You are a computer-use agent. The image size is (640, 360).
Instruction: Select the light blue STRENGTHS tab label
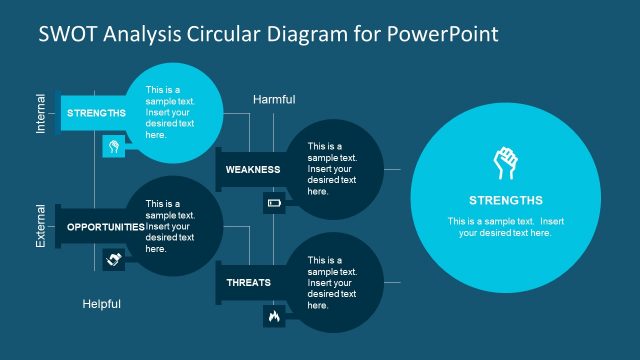tap(96, 113)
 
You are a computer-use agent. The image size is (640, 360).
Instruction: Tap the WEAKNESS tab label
tap(252, 169)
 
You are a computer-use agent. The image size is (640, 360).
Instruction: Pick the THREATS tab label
tap(248, 283)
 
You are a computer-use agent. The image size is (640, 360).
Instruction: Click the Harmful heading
tap(274, 99)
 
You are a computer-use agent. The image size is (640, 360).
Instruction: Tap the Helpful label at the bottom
tap(101, 304)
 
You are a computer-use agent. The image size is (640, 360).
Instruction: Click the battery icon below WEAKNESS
tap(274, 204)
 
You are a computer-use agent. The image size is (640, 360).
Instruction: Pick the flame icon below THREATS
tap(273, 317)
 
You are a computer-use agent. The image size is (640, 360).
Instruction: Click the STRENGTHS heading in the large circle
tap(505, 200)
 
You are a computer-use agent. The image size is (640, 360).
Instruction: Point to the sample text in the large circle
tap(505, 227)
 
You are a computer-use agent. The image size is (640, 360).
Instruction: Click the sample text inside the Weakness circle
tap(332, 168)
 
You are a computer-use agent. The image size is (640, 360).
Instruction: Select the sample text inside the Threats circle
tap(332, 283)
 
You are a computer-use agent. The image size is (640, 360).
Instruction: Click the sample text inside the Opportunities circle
tap(170, 226)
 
